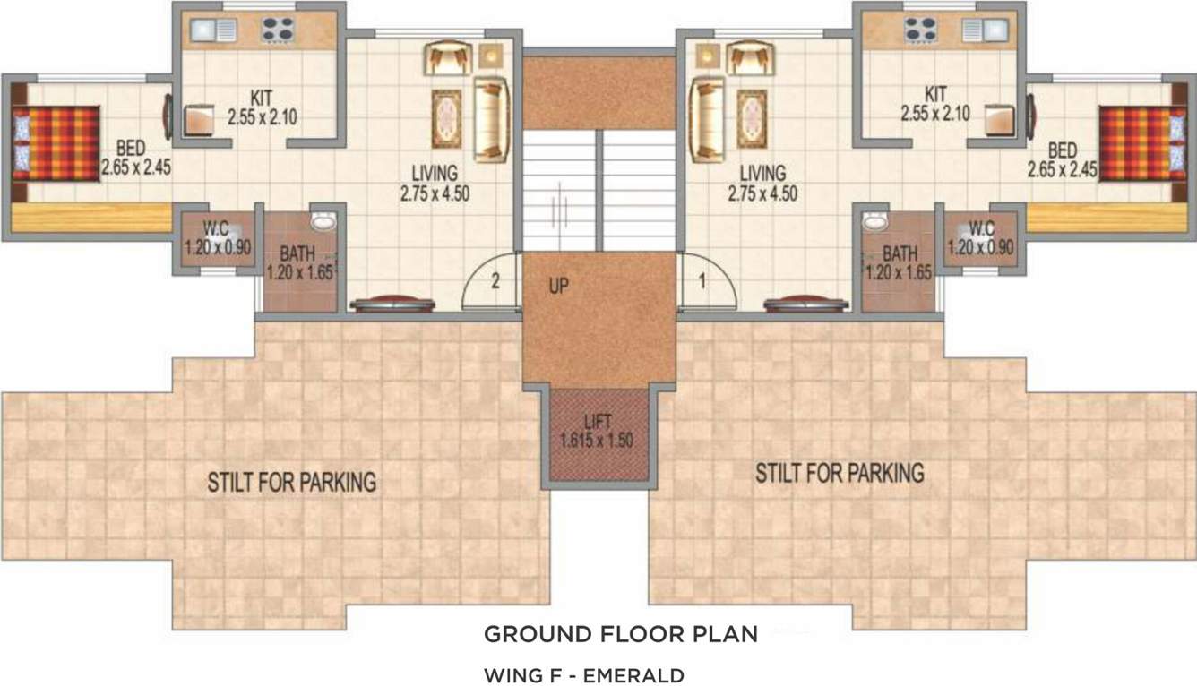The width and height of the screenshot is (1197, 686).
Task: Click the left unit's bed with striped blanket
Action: (56, 143)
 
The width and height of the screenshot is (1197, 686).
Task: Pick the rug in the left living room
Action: (446, 117)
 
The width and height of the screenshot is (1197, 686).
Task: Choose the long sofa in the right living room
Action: (706, 120)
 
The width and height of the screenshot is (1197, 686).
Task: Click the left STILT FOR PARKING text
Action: (291, 482)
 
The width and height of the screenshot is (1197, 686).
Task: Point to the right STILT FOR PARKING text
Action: (840, 472)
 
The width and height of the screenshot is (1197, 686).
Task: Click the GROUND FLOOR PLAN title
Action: (621, 635)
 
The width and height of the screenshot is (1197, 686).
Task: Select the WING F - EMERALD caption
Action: (584, 674)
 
